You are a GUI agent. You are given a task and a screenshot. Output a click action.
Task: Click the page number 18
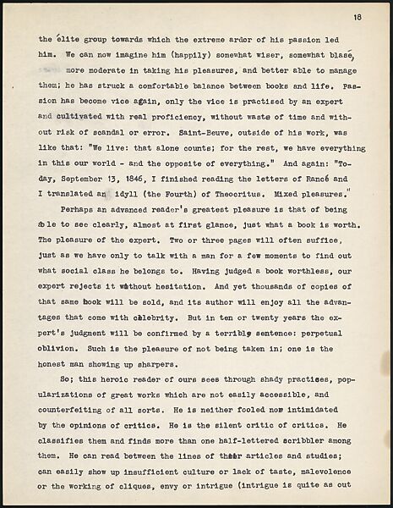pyautogui.click(x=358, y=16)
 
